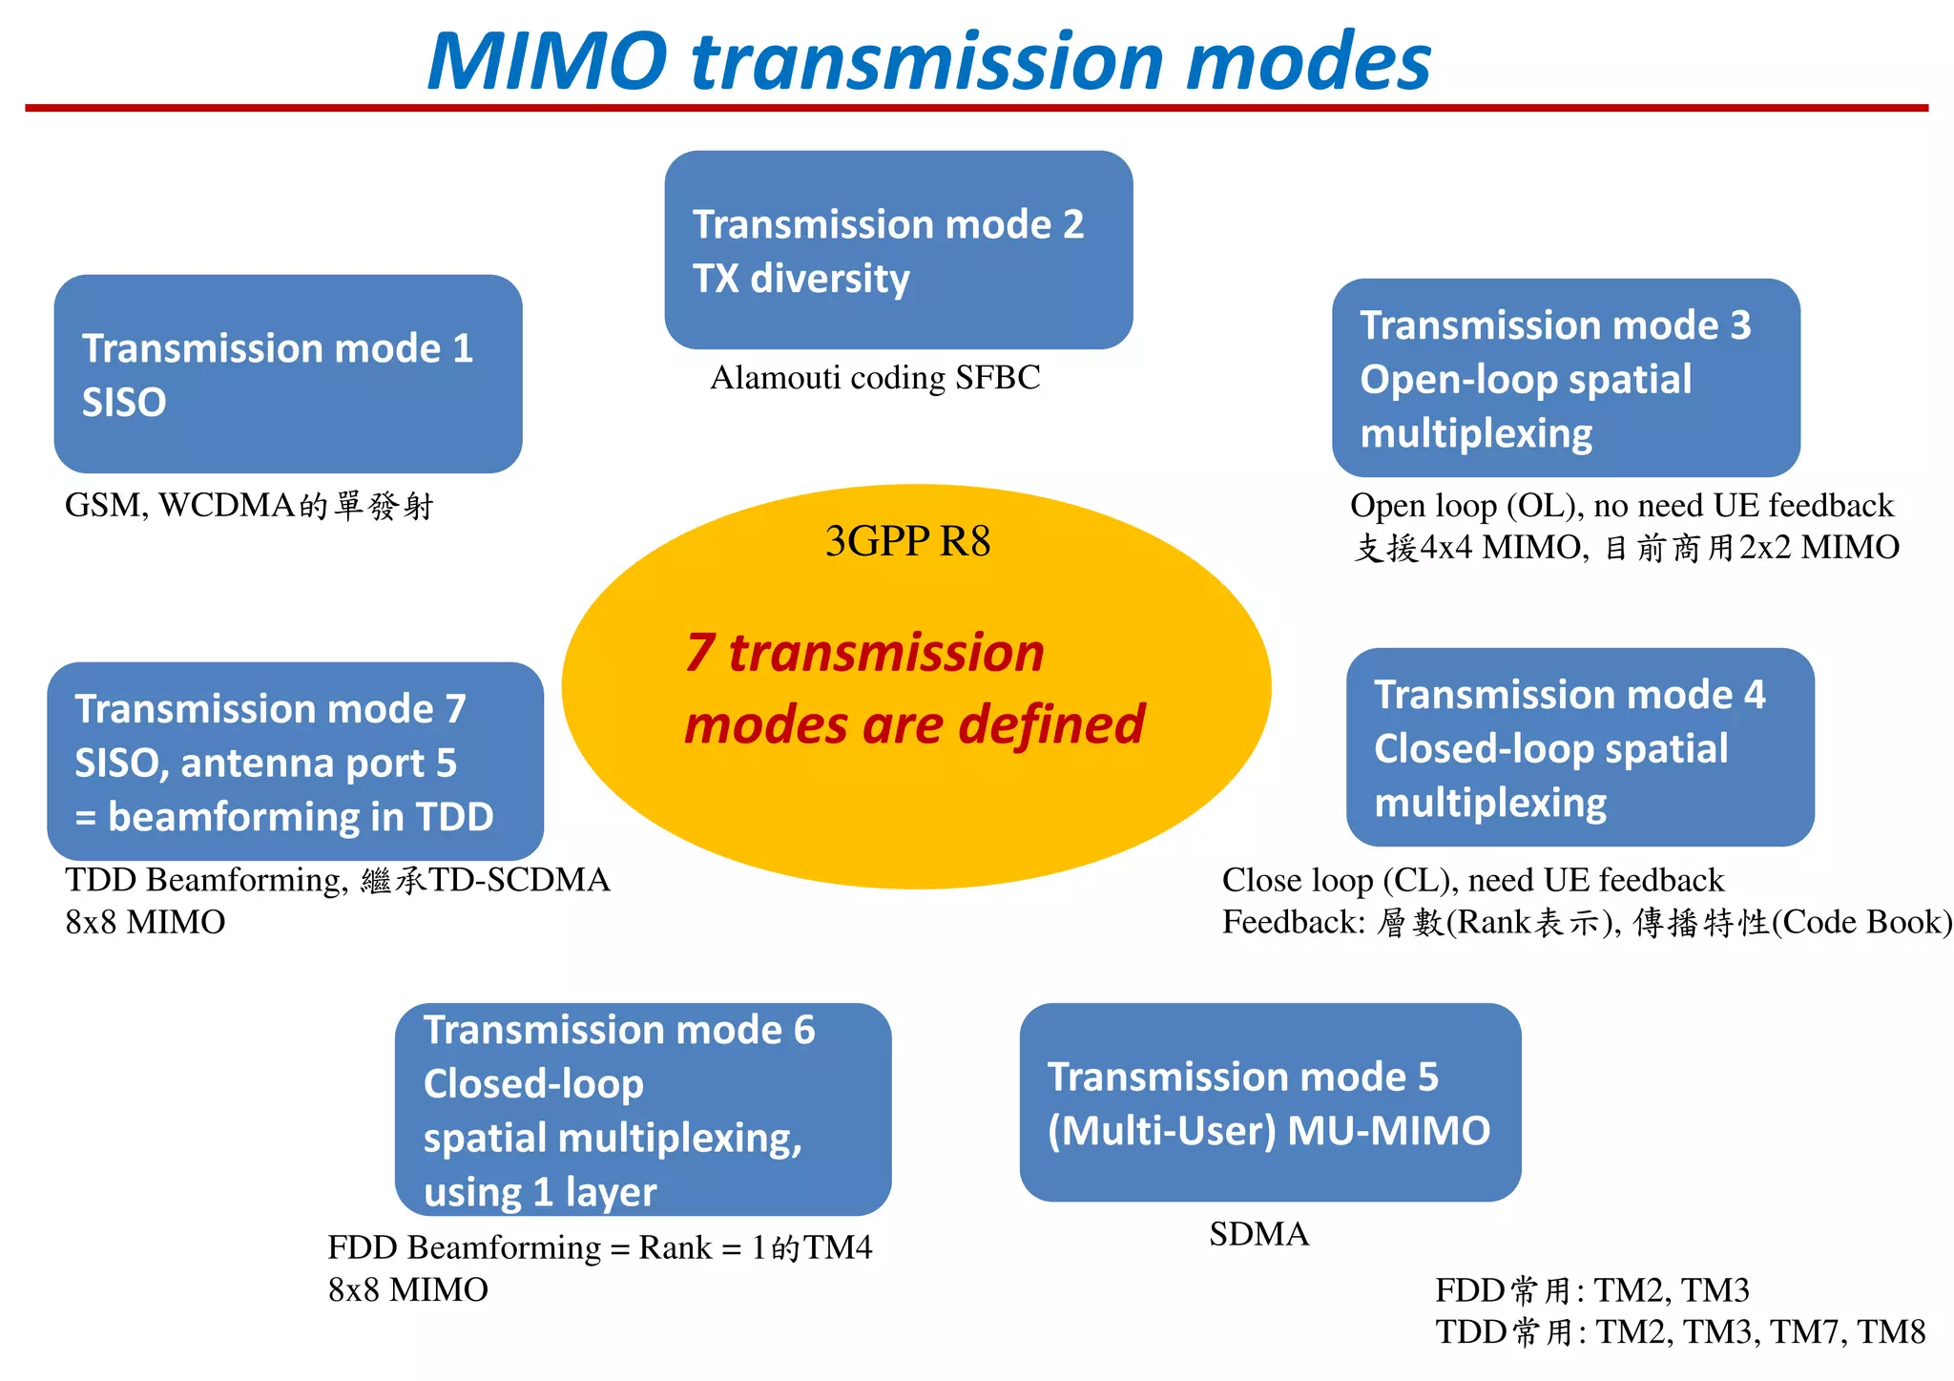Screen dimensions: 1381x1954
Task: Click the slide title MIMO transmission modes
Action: [x=928, y=61]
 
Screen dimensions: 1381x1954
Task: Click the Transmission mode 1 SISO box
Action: [x=287, y=374]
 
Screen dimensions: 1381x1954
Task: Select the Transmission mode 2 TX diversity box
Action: [x=898, y=250]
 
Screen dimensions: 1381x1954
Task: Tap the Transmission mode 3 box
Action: [x=1565, y=378]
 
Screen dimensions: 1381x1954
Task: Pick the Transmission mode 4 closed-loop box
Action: [x=1579, y=747]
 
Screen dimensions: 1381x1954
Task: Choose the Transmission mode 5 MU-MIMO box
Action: [x=1269, y=1102]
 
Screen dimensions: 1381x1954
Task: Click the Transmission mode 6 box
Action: [x=642, y=1109]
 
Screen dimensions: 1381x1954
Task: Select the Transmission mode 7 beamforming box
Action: [x=295, y=762]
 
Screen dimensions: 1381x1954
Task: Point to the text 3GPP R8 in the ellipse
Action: [x=907, y=541]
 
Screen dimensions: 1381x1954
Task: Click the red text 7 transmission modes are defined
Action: [x=913, y=689]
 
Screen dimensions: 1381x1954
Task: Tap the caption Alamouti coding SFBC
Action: [x=875, y=378]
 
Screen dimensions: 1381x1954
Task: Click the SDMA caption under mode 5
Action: [x=1258, y=1234]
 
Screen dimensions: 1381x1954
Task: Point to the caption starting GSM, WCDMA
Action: [x=249, y=505]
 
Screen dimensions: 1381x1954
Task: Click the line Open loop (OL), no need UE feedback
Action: [x=1621, y=505]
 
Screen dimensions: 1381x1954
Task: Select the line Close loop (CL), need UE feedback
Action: [x=1472, y=880]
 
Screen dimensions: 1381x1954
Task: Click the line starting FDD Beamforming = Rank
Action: [x=599, y=1247]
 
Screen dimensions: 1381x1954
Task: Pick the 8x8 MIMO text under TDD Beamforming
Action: [x=145, y=922]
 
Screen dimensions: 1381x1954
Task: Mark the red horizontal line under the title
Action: [x=976, y=108]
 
